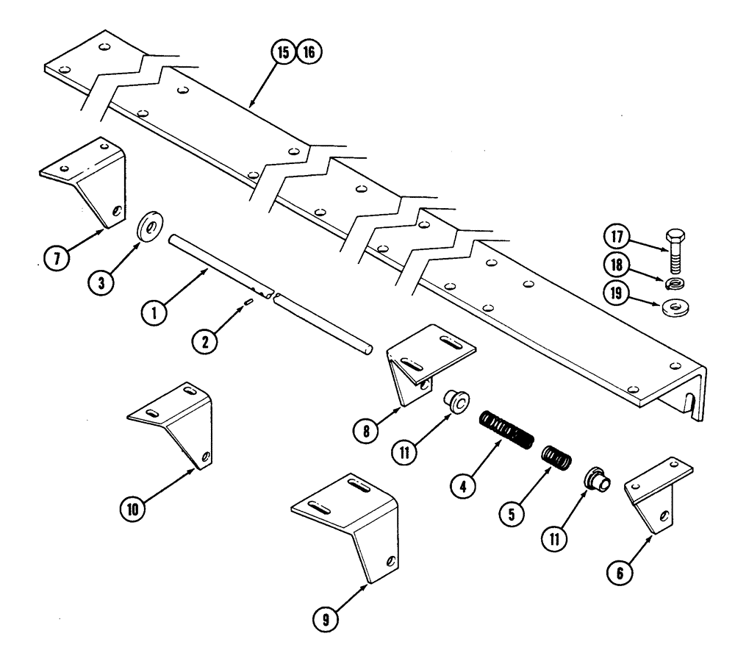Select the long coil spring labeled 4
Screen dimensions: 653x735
click(506, 429)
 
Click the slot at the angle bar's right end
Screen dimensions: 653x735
click(691, 404)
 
